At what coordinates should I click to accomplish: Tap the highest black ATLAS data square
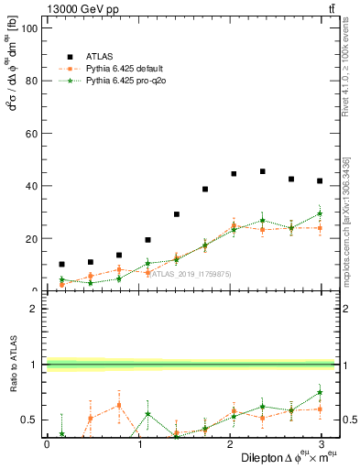tap(263, 171)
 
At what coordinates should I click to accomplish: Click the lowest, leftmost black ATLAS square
tap(61, 264)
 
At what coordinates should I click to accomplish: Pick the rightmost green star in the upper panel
tap(320, 213)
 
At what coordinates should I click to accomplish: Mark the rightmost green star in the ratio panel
tap(320, 392)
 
